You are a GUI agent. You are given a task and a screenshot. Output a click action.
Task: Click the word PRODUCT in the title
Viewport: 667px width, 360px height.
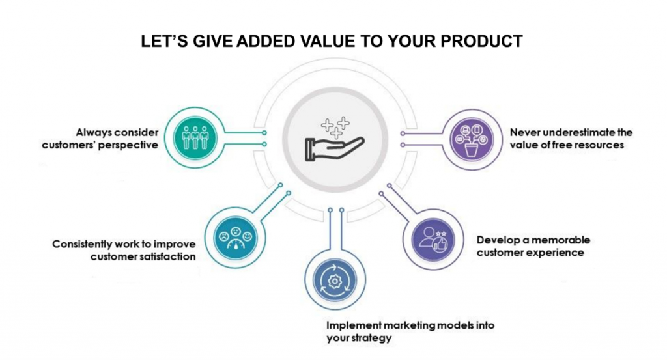point(481,41)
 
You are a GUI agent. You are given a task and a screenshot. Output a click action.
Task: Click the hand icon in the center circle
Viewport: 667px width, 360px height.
point(335,148)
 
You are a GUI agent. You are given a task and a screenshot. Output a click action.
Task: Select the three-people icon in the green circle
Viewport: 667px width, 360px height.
point(195,137)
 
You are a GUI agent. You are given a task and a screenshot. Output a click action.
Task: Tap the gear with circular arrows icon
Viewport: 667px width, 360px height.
point(335,281)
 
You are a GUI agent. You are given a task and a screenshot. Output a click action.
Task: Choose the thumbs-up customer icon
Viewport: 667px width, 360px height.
point(433,238)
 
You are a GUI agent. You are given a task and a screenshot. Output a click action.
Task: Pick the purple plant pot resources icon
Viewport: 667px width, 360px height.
point(472,139)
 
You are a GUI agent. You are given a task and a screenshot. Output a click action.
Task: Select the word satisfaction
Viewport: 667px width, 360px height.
point(167,256)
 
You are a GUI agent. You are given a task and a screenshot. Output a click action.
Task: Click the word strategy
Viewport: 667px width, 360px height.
point(370,339)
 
